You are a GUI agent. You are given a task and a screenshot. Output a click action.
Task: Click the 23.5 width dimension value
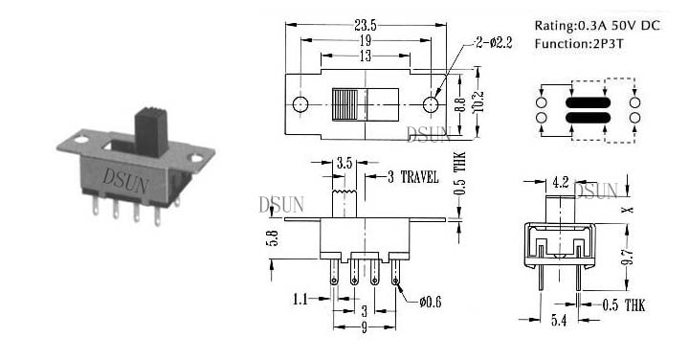pos(366,25)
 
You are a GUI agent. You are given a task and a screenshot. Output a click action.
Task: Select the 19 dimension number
pos(366,40)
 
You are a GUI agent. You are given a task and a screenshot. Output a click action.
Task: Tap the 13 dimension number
pos(366,56)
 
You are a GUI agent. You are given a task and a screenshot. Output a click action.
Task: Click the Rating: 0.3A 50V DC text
pos(597,26)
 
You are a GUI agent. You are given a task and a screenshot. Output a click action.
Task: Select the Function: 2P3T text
pos(579,43)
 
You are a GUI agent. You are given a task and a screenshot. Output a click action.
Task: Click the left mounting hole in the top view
pos(300,104)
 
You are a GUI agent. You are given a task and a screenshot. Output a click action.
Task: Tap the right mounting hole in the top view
pos(431,104)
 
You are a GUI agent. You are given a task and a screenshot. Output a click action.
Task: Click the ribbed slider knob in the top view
pos(349,104)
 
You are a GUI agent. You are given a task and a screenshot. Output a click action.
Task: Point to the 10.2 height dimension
pos(478,102)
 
